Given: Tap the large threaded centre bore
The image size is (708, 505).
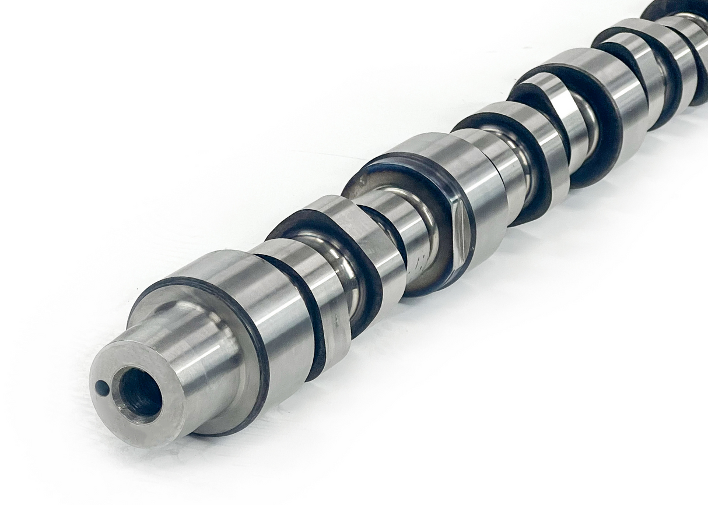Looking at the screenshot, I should (x=139, y=395).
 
